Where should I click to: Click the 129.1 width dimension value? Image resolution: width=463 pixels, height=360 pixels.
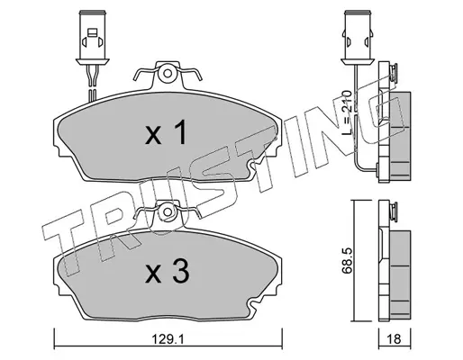(x=168, y=340)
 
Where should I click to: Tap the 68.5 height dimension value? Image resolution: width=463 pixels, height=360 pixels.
(x=347, y=260)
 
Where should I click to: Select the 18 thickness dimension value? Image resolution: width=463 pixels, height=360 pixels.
(x=395, y=340)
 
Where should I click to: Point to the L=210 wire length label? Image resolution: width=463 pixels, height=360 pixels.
(x=347, y=112)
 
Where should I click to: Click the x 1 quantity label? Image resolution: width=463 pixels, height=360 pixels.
(x=167, y=132)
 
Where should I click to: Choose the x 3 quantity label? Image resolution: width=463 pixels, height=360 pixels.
(x=168, y=272)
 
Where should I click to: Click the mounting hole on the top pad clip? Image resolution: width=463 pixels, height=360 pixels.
(x=168, y=74)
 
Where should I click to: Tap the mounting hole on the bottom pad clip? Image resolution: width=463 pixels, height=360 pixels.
(x=168, y=211)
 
